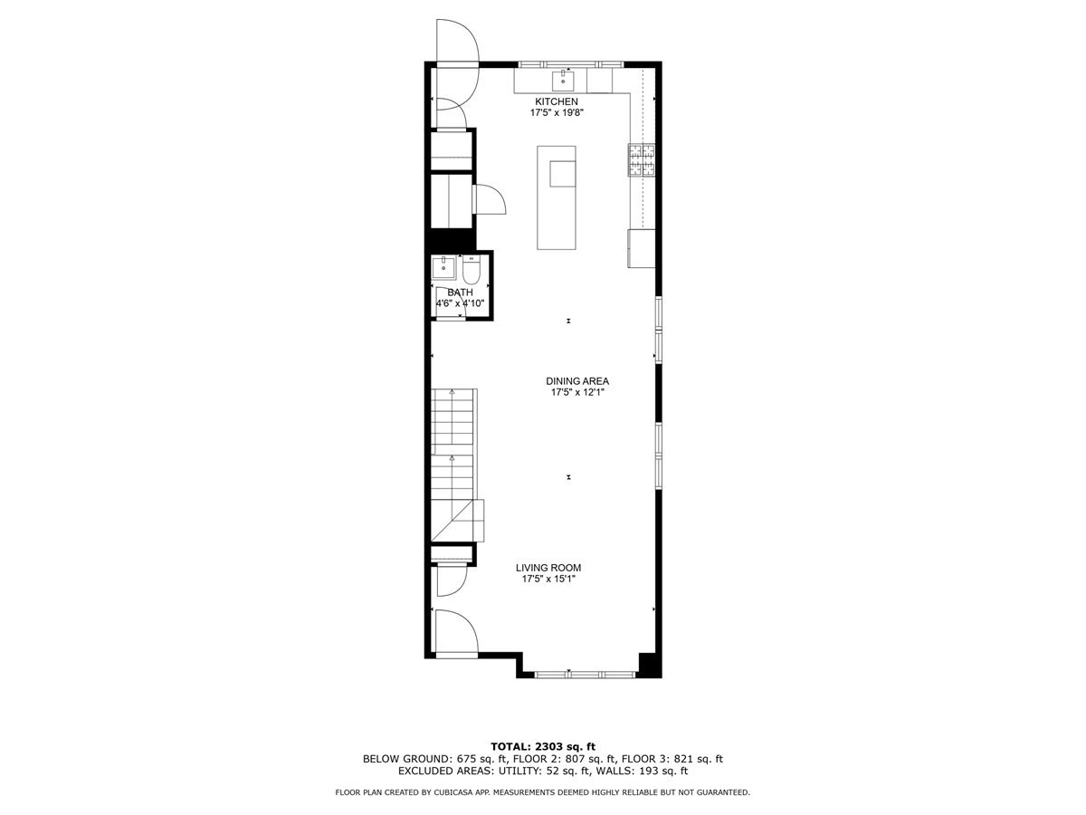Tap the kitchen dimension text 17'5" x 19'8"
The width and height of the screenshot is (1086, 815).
tap(556, 113)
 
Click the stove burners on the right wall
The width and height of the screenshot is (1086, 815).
tap(643, 159)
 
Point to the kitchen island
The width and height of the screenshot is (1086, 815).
tap(557, 197)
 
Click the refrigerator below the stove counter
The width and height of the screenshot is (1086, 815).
tap(641, 248)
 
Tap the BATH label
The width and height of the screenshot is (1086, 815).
tap(460, 292)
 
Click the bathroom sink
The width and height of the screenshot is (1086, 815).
tap(444, 267)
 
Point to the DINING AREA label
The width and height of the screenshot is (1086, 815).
tap(576, 381)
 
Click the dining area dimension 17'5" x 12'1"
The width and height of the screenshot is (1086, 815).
tap(576, 393)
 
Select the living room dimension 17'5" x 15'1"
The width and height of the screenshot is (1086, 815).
tap(548, 580)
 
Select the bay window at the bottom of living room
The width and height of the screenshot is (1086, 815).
tap(579, 673)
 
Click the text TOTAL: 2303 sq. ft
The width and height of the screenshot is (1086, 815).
tap(543, 745)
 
